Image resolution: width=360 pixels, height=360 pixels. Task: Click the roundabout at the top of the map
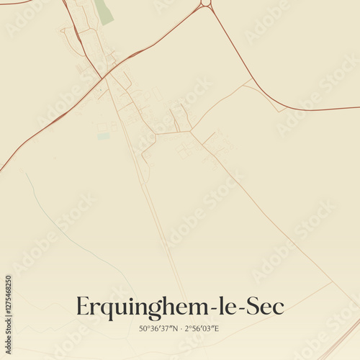pos(206,3)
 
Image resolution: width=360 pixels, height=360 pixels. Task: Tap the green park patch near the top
pos(104,11)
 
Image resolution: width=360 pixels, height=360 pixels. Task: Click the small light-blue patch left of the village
pos(104,135)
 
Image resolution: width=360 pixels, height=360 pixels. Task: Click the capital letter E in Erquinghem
pos(82,307)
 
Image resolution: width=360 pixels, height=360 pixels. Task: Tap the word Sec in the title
pos(266,307)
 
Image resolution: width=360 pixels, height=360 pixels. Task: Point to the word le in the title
pos(230,307)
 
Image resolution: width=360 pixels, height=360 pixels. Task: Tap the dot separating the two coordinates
pos(180,329)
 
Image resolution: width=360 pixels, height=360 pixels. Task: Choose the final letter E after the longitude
pos(216,329)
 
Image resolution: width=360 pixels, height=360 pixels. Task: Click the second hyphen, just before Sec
pos(242,309)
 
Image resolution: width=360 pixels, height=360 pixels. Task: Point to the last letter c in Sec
pos(279,308)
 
